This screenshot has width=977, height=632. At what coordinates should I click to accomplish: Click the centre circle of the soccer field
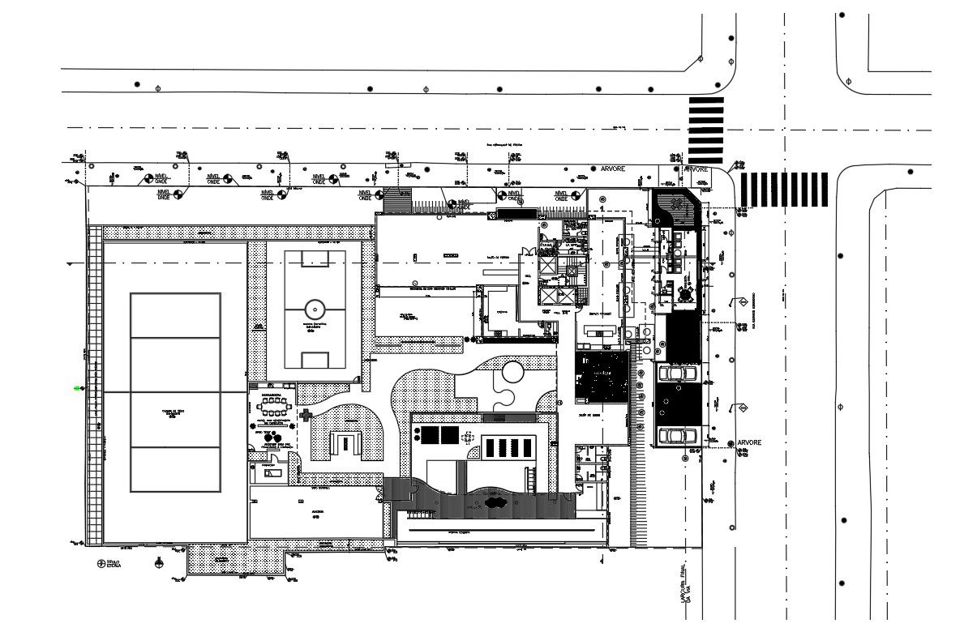314,309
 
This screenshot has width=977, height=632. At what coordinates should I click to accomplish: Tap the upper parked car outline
677,374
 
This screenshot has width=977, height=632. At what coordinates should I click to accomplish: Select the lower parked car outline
676,435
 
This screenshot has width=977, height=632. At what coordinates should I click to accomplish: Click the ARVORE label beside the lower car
750,443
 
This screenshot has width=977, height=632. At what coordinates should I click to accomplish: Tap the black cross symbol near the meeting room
306,415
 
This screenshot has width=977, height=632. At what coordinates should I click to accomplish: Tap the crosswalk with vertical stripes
784,189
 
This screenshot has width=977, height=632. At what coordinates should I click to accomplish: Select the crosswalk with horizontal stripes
705,130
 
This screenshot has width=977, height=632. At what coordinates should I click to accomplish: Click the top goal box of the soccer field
314,259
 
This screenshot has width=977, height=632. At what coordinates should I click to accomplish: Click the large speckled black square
602,377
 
